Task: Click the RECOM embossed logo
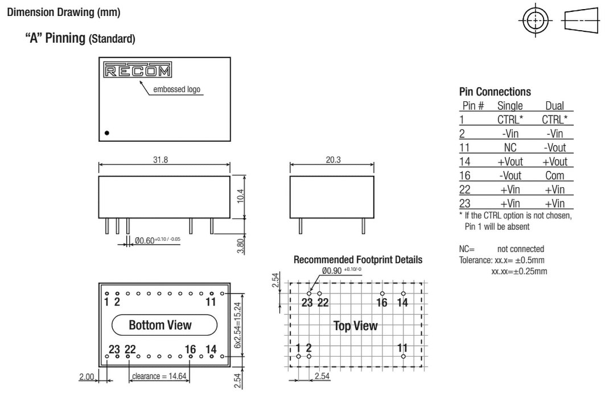(x=137, y=70)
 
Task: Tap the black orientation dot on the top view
(x=107, y=133)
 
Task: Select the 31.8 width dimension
(x=160, y=160)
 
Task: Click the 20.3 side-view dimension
(x=333, y=160)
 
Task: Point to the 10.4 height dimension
(x=240, y=196)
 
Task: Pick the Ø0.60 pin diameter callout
(x=157, y=240)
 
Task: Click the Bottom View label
(x=160, y=325)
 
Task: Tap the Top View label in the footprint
(x=355, y=326)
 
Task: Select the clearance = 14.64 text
(x=159, y=376)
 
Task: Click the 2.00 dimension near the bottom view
(x=87, y=377)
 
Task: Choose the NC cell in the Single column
(x=510, y=148)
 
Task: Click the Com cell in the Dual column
(x=555, y=175)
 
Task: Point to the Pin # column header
(x=473, y=106)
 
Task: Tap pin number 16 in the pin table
(x=465, y=175)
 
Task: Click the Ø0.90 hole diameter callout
(x=341, y=271)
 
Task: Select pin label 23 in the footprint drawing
(x=307, y=303)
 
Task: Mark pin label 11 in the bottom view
(x=211, y=301)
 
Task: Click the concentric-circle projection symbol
(x=536, y=20)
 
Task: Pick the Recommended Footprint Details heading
(x=358, y=259)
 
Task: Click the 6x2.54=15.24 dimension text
(x=237, y=325)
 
